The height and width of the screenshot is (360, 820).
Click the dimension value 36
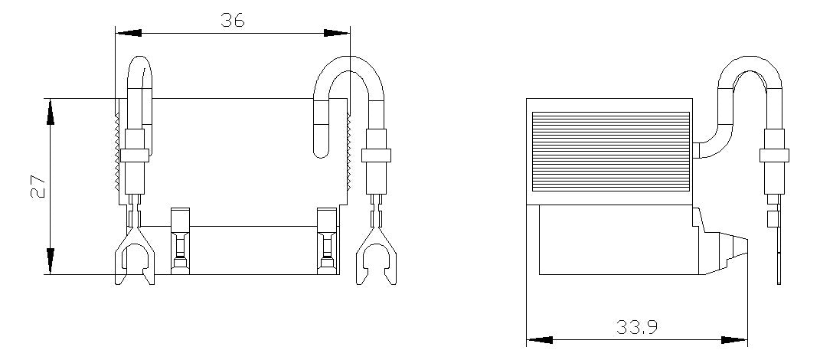point(232,20)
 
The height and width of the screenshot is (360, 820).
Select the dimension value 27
point(38,186)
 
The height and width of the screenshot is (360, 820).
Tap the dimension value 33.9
point(636,328)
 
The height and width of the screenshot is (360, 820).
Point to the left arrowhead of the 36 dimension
point(128,33)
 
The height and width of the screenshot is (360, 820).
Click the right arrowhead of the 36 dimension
point(338,33)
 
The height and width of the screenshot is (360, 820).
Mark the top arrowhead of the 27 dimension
point(51,112)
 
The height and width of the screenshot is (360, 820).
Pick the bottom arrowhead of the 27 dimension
point(51,261)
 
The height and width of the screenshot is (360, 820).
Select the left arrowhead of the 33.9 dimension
point(539,340)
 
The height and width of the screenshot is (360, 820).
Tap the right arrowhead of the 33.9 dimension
point(734,340)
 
